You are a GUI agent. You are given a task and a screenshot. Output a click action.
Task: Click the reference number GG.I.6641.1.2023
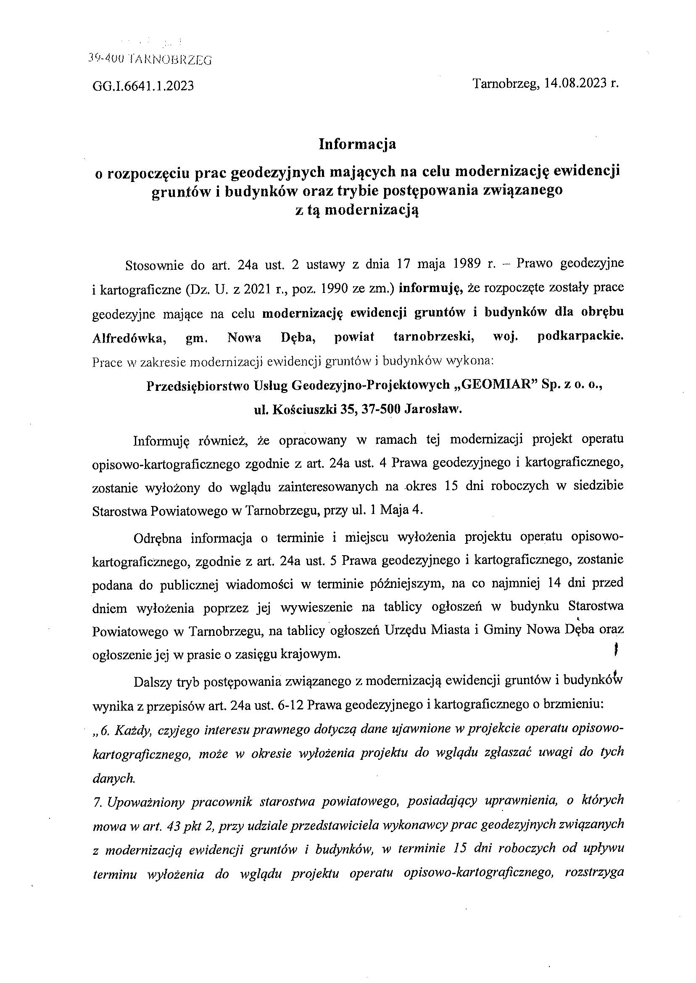coord(143,86)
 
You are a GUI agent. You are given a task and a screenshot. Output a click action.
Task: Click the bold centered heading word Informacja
coord(357,144)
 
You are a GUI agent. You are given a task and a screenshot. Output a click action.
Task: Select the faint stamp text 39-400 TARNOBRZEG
coord(150,60)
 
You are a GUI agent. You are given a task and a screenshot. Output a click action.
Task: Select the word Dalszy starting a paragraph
coord(153,682)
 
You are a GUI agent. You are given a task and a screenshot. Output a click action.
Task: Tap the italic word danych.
coord(113,778)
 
